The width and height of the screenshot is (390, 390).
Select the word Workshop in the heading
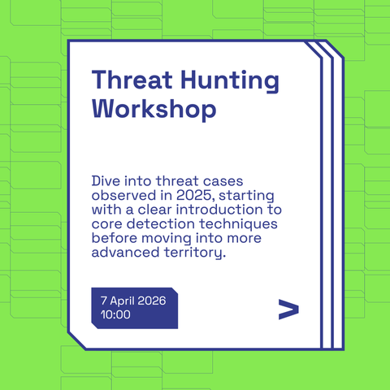(x=154, y=108)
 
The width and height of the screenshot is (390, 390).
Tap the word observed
(x=123, y=193)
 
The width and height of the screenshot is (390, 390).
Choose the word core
(x=107, y=223)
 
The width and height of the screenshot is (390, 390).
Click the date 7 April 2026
(x=133, y=301)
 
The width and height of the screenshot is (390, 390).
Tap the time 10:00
(x=115, y=314)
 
